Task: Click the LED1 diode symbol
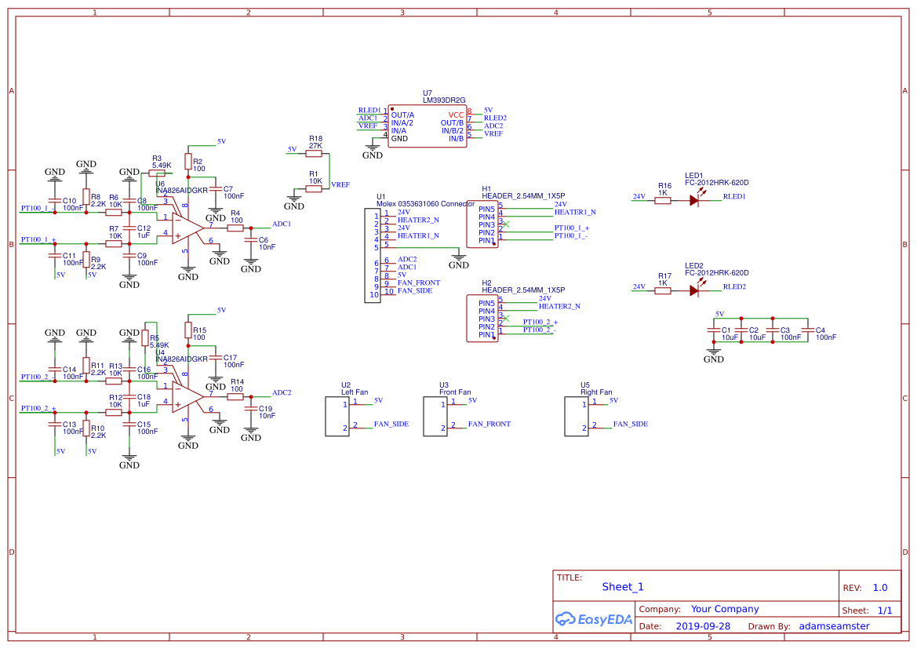click(694, 200)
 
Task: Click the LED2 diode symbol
click(694, 290)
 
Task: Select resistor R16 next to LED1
click(663, 200)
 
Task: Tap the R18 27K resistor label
click(315, 142)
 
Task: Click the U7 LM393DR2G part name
click(444, 100)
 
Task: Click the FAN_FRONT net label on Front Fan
click(489, 424)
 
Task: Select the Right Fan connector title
click(596, 392)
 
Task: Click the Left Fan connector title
click(354, 392)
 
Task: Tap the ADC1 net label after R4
click(282, 224)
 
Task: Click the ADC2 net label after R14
click(282, 392)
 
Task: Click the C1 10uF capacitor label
click(730, 334)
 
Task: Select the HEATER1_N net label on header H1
click(574, 212)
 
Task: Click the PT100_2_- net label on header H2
click(539, 330)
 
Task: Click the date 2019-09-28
click(702, 626)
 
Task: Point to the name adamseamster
click(834, 626)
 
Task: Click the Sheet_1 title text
click(622, 586)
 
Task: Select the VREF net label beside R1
click(340, 184)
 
